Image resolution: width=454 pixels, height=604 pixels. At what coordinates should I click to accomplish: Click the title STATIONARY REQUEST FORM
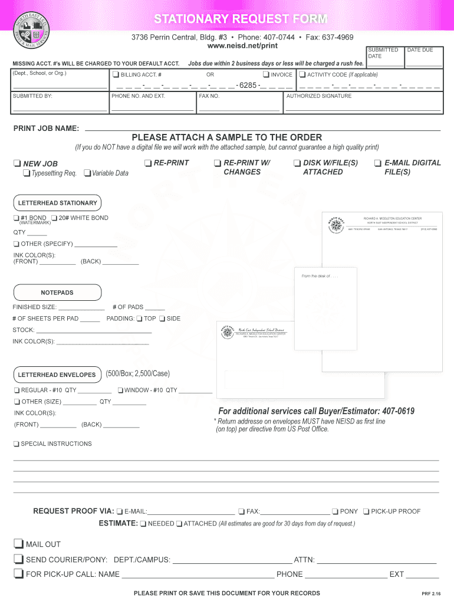(240, 19)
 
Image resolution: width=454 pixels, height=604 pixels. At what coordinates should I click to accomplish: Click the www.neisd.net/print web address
(242, 45)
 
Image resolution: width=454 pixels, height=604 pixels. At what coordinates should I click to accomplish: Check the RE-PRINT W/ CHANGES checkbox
(218, 163)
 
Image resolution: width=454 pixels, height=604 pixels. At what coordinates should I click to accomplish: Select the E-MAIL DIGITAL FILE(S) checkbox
(377, 163)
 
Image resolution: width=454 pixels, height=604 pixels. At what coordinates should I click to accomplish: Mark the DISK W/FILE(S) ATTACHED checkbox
(297, 163)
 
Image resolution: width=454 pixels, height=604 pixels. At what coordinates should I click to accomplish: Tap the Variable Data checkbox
(87, 173)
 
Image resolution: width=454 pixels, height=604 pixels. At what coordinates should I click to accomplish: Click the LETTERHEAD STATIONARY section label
(57, 203)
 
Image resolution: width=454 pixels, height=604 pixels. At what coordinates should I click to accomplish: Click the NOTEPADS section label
(57, 293)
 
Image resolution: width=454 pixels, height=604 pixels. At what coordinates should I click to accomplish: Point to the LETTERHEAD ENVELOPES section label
(57, 375)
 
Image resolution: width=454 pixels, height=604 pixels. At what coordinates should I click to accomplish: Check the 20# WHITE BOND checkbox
(54, 218)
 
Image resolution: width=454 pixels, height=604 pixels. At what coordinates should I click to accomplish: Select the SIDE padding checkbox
(162, 319)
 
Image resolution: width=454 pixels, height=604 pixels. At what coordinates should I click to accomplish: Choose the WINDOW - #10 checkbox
(120, 390)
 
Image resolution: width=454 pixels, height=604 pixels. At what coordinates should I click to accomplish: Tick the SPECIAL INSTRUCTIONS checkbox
(17, 444)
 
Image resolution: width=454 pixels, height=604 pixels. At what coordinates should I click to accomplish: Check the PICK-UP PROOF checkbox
(366, 511)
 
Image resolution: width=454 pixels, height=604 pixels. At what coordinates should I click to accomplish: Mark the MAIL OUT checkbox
(19, 544)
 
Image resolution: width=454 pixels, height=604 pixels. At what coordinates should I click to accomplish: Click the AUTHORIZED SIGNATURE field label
(318, 96)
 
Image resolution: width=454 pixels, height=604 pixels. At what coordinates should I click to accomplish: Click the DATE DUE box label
(420, 50)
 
